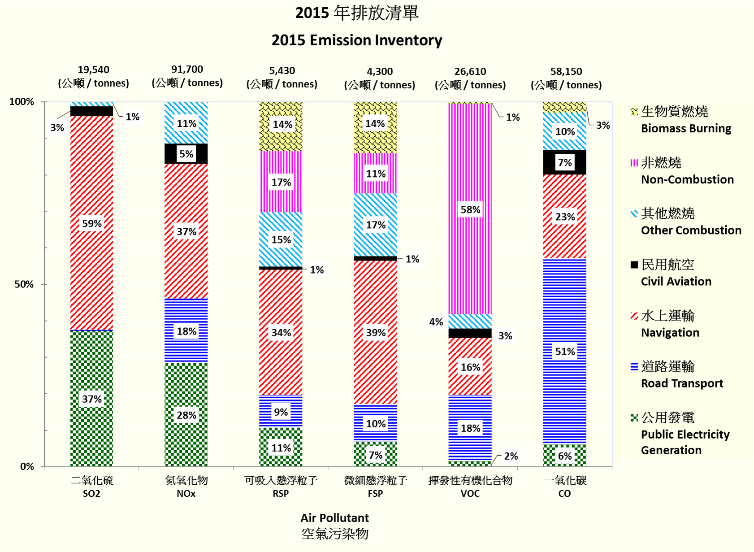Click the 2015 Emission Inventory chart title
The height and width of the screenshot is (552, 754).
tap(357, 40)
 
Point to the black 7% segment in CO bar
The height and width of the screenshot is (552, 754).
tap(565, 162)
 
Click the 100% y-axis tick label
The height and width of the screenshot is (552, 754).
tap(22, 102)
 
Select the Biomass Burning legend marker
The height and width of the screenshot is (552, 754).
tap(634, 112)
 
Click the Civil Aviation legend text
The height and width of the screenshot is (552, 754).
tap(676, 281)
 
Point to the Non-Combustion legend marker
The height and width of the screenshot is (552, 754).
tap(634, 163)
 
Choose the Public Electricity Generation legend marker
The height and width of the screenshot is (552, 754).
tap(634, 418)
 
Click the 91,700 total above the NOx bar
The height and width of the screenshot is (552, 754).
tap(187, 70)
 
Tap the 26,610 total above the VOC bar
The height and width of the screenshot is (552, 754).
tap(470, 71)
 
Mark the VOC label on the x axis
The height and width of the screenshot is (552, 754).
tap(470, 494)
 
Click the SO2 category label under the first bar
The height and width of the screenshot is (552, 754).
tap(91, 494)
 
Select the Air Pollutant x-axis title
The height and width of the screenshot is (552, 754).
tap(334, 518)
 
